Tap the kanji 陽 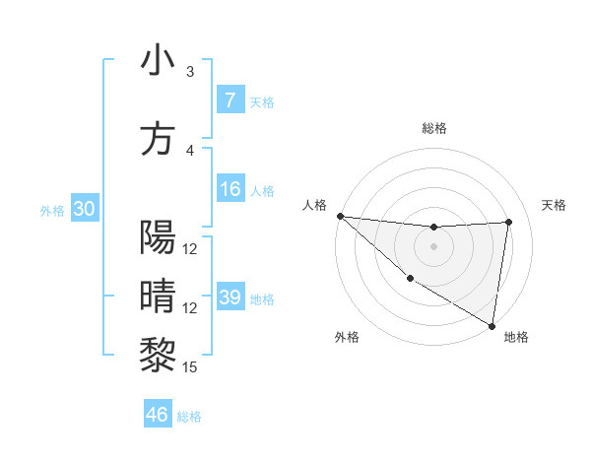pos(158,237)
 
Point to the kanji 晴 pos(158,296)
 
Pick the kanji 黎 pos(158,353)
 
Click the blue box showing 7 pos(230,100)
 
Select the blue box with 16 pos(230,189)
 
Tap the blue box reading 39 pos(230,298)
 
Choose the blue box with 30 pos(84,209)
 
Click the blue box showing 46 pos(158,415)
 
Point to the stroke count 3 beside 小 pos(190,72)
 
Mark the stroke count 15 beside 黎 pos(190,367)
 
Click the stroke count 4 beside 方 pos(190,151)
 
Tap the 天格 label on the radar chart pos(554,205)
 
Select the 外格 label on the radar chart pos(347,337)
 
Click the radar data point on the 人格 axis pos(340,216)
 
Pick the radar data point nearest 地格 pos(492,324)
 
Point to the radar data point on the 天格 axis pos(509,222)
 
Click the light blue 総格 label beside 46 pos(189,417)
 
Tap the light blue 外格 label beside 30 pos(52,211)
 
